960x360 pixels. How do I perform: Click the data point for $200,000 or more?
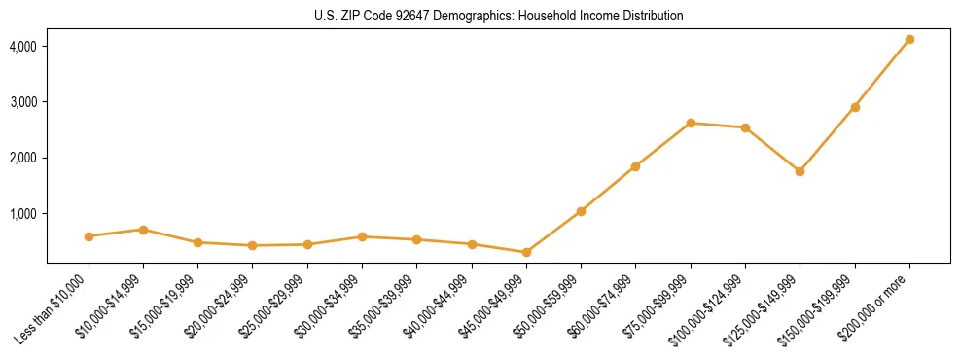909,39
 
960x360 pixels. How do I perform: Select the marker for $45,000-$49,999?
526,252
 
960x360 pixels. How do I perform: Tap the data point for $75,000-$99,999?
691,123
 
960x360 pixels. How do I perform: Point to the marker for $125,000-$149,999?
800,171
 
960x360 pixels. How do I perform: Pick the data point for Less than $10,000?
89,236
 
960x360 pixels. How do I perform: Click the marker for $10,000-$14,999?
143,230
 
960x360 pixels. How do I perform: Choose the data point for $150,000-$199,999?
855,107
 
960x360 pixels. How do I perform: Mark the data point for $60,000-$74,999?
635,166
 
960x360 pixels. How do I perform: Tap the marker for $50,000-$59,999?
581,211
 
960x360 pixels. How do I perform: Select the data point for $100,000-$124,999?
745,127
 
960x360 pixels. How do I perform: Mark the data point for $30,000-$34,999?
362,236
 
